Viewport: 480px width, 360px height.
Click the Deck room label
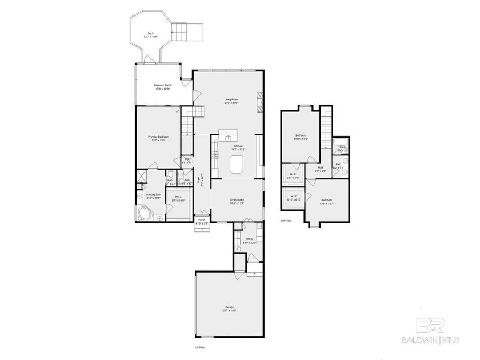[x=151, y=35]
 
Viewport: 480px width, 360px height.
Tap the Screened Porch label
[x=162, y=86]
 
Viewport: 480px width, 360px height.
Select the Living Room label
[x=231, y=101]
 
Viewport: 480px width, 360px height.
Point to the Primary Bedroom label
[x=158, y=138]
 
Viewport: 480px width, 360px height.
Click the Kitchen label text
[x=238, y=147]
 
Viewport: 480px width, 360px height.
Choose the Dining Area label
[x=238, y=201]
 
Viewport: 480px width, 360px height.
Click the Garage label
[x=229, y=308]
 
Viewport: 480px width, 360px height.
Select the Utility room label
[x=250, y=240]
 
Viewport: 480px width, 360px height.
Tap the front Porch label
[x=202, y=221]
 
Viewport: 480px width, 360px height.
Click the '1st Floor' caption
[x=199, y=347]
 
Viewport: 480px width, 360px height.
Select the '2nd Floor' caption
[x=286, y=220]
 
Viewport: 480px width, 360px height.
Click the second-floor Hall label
[x=321, y=169]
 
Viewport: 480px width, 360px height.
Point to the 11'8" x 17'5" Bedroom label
[x=301, y=137]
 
